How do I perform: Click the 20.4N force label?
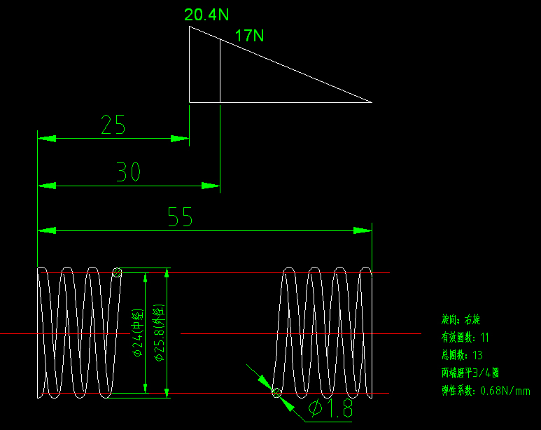(206, 15)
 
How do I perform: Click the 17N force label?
(248, 36)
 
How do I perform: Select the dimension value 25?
(113, 125)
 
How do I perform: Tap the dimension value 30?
(128, 172)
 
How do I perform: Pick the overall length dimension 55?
(180, 217)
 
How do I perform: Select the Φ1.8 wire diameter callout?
(330, 409)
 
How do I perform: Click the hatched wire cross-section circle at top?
(117, 273)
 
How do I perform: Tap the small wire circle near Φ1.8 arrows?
(277, 392)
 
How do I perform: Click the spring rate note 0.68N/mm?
(486, 391)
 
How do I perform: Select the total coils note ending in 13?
(462, 355)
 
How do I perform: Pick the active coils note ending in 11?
(465, 338)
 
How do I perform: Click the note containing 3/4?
(470, 373)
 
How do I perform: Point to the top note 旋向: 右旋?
(461, 319)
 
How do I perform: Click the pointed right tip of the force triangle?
(370, 102)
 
